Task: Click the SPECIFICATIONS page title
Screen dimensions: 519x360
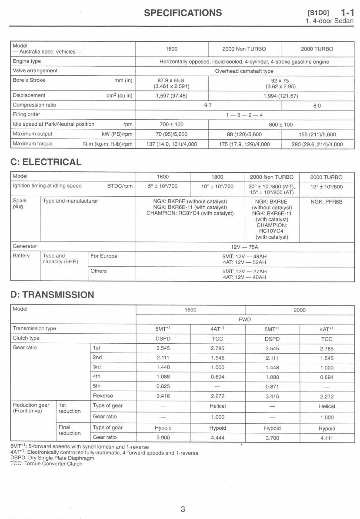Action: (x=183, y=12)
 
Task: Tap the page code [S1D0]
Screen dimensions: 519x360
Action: (x=317, y=13)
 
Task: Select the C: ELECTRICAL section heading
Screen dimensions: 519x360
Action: (x=46, y=162)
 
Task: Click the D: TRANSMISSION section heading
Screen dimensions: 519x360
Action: (x=52, y=295)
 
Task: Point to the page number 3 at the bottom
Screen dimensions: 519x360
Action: (x=183, y=509)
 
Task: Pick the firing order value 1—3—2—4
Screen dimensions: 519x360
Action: (x=244, y=114)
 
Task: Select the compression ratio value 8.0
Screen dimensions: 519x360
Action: (x=317, y=105)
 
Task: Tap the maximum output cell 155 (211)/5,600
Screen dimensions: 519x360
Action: (x=317, y=134)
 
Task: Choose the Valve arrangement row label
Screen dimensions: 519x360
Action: (x=35, y=70)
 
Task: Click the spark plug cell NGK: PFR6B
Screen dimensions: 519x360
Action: (x=327, y=202)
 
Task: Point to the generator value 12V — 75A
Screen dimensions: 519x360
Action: (x=244, y=247)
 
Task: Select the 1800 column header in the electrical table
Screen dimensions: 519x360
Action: (x=217, y=177)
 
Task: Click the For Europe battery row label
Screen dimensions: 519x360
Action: (x=104, y=256)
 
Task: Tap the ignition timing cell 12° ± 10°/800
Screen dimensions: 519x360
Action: (x=327, y=186)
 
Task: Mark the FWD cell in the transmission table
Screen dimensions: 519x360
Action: (x=244, y=319)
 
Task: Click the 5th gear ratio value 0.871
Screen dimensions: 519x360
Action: (x=272, y=386)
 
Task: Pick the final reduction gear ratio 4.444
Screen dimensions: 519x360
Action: (x=217, y=438)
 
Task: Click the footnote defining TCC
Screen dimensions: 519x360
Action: (x=46, y=464)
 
